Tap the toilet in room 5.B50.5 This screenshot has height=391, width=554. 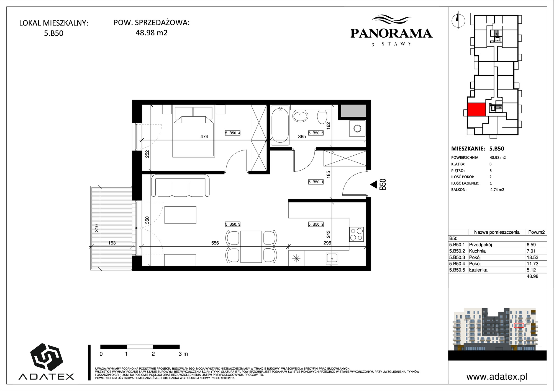pyautogui.click(x=322, y=116)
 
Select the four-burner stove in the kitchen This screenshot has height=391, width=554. pyautogui.click(x=356, y=234)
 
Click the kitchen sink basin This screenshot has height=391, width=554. pyautogui.click(x=332, y=258)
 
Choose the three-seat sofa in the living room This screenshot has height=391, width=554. pyautogui.click(x=180, y=186)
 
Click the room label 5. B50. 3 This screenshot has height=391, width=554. pyautogui.click(x=232, y=224)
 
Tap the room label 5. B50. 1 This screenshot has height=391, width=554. pyautogui.click(x=316, y=182)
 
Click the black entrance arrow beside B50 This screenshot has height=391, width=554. pyautogui.click(x=374, y=184)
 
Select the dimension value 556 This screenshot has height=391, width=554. pyautogui.click(x=215, y=243)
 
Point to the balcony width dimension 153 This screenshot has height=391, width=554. pyautogui.click(x=112, y=243)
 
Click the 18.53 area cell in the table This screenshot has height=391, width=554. pyautogui.click(x=532, y=257)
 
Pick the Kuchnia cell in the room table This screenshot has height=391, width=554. pyautogui.click(x=477, y=251)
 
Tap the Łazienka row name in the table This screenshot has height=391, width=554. pyautogui.click(x=478, y=270)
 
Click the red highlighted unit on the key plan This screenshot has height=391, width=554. pyautogui.click(x=476, y=109)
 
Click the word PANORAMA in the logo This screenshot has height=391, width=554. pyautogui.click(x=391, y=33)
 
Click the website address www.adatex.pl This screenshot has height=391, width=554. pyautogui.click(x=497, y=377)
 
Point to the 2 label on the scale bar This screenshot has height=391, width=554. pyautogui.click(x=153, y=354)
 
